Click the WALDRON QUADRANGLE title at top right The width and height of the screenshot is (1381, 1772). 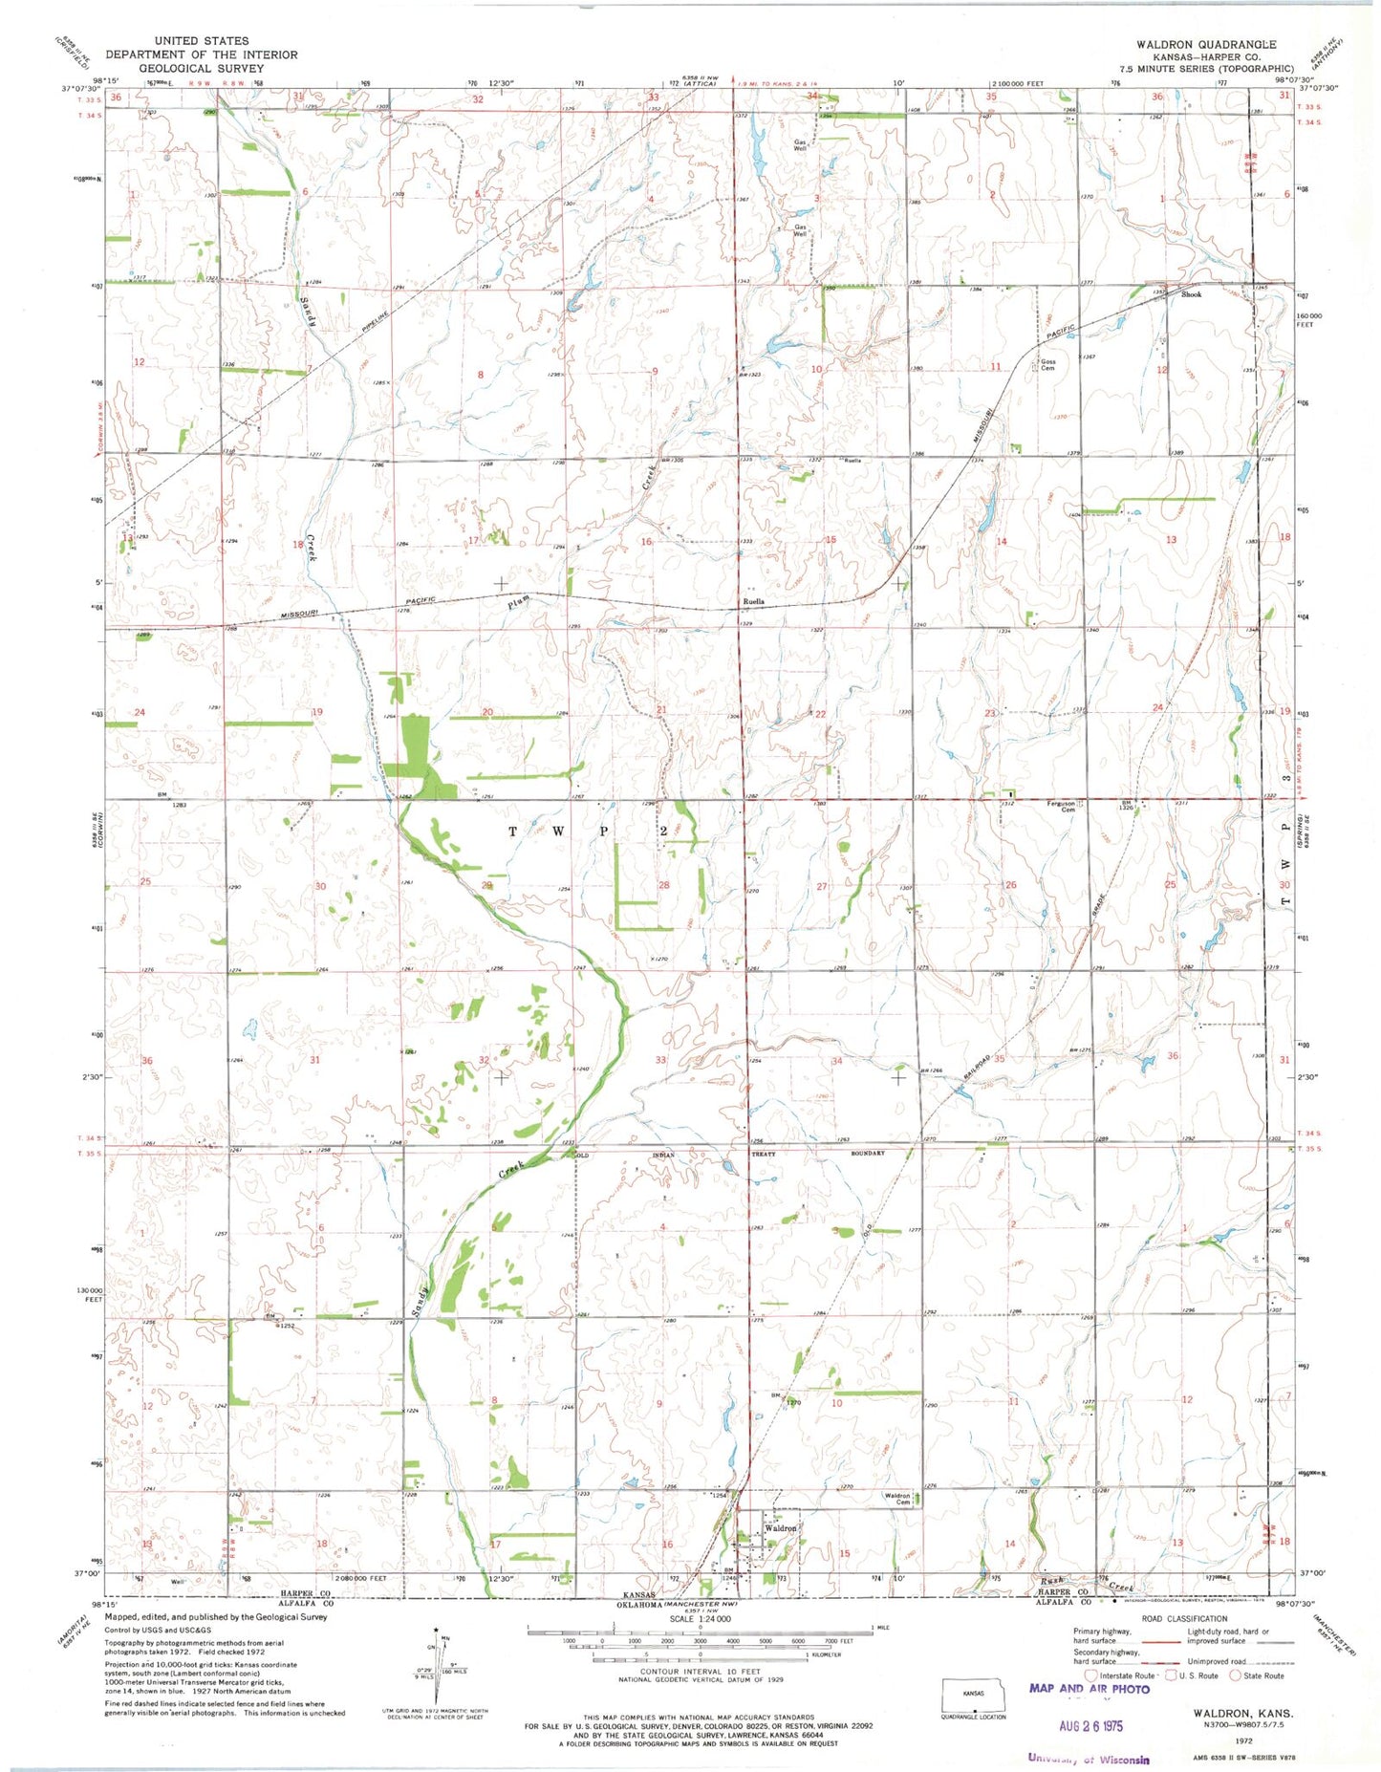coord(1205,45)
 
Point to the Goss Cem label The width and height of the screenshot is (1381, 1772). coord(1047,365)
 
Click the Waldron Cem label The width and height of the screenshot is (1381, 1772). coord(896,1499)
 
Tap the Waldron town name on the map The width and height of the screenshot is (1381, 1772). coord(781,1528)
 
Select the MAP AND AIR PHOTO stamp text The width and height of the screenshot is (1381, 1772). coord(1089,1688)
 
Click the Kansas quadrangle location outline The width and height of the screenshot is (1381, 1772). coord(973,1697)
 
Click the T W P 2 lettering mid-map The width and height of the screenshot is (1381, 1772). coord(586,832)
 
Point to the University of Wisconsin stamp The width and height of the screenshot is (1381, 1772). coord(1089,1759)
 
